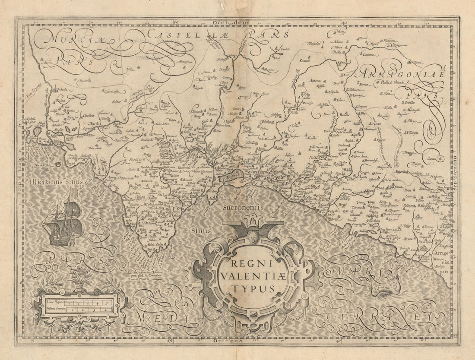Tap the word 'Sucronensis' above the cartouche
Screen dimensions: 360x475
[243, 207]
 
